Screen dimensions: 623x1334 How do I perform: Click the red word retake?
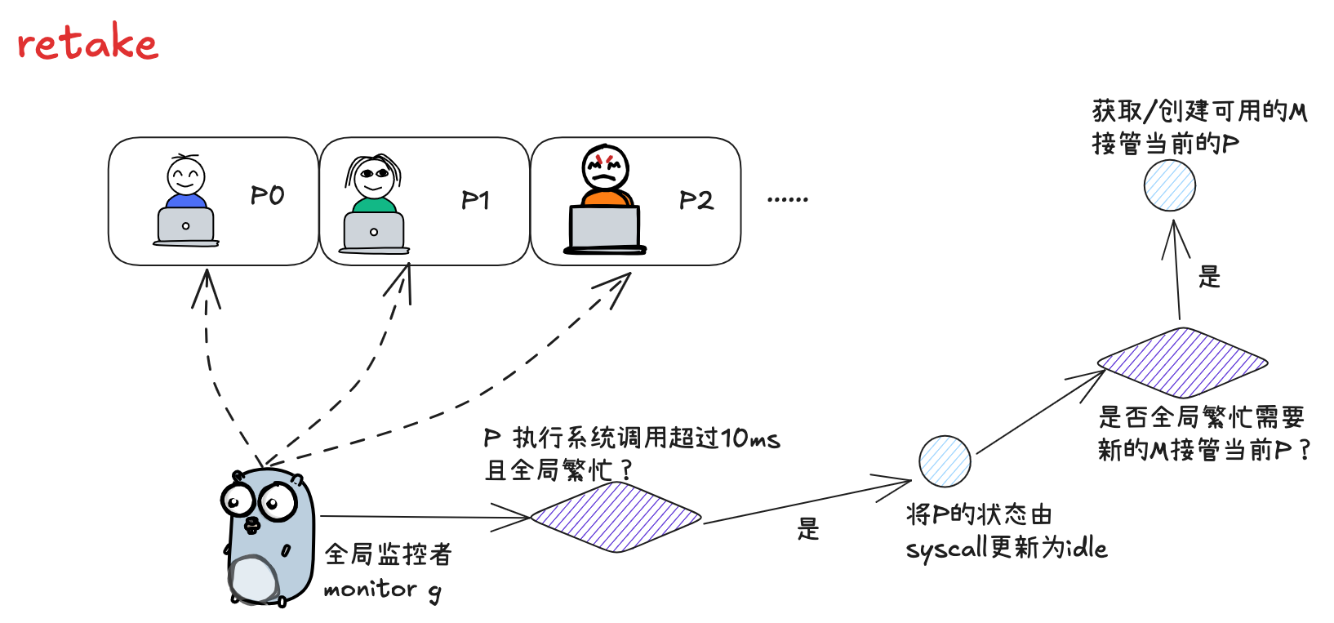click(87, 42)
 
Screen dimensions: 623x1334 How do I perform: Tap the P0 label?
click(267, 196)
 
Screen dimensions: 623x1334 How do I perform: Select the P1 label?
click(475, 200)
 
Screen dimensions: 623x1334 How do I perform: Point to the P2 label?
click(696, 200)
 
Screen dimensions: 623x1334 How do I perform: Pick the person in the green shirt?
click(374, 183)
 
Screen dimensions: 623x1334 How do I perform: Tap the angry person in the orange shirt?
click(605, 175)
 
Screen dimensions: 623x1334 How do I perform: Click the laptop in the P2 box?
click(605, 229)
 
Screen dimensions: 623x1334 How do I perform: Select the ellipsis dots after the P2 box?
click(788, 199)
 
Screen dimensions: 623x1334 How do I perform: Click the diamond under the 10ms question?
click(616, 517)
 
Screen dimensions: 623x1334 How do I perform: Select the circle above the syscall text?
click(945, 461)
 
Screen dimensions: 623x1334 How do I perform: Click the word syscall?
click(946, 550)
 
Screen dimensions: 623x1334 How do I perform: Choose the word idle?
click(1084, 547)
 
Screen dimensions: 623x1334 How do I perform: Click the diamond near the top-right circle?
click(1182, 363)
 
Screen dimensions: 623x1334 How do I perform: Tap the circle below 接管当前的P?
click(1169, 185)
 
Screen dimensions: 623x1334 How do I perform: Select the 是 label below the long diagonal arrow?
click(808, 529)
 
